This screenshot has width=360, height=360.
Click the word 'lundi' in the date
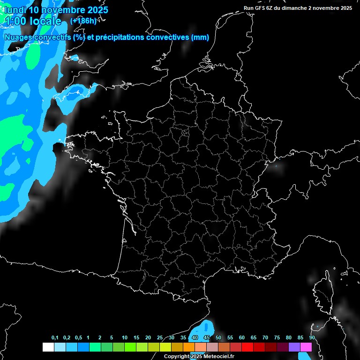coord(15,10)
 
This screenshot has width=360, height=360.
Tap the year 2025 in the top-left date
coord(96,10)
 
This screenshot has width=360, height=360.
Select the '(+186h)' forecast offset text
coord(83,21)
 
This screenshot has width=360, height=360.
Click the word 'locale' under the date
coord(45,21)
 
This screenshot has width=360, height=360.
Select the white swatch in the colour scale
coord(48,347)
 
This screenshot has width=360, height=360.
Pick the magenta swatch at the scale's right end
coord(306,347)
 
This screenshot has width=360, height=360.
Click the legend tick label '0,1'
coord(55,338)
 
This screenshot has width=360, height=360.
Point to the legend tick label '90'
coord(312,338)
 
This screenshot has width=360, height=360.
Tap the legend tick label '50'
coord(218,338)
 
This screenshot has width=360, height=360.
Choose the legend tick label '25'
coord(160,338)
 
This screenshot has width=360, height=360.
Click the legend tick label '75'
coord(277,338)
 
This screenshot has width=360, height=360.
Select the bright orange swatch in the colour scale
coord(189,347)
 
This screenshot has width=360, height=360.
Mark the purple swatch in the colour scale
coord(294,347)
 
